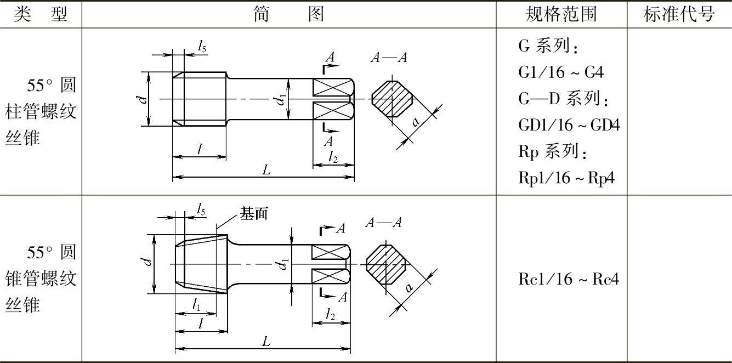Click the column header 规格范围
point(561,14)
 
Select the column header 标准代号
point(679,14)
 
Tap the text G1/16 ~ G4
point(561,72)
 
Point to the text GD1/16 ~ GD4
point(569,125)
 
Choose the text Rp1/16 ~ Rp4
point(566,178)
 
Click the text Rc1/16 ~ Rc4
point(569,279)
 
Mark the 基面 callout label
point(254,214)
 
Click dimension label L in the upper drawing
point(266,170)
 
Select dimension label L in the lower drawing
point(266,342)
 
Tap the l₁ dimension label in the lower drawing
point(196,305)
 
